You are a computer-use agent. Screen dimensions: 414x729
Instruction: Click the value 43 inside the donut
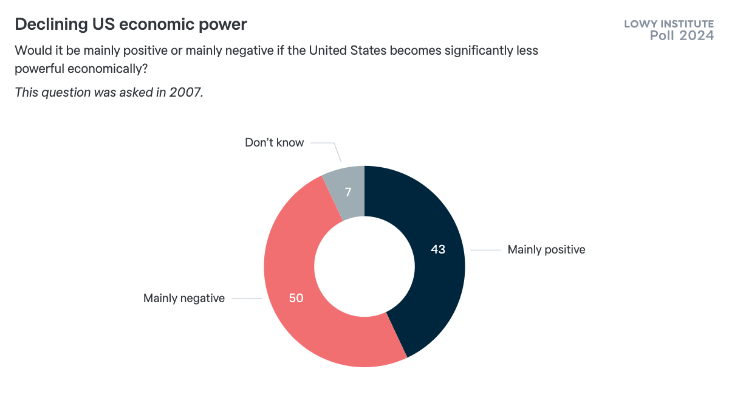click(x=438, y=249)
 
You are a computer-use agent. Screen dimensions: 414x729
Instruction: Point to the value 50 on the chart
click(x=296, y=298)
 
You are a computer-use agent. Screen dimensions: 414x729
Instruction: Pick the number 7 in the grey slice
click(x=349, y=193)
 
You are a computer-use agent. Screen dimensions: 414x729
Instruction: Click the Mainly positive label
click(x=546, y=249)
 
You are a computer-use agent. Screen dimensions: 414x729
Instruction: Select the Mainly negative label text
click(x=184, y=298)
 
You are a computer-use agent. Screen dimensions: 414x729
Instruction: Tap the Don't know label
click(x=274, y=143)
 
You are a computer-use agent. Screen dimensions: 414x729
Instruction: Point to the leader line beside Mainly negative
click(x=246, y=298)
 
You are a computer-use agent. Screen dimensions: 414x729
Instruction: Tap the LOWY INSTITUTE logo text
click(x=669, y=24)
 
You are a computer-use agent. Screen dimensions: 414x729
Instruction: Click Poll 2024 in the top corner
click(x=682, y=36)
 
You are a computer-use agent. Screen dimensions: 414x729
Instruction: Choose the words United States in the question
click(x=347, y=50)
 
